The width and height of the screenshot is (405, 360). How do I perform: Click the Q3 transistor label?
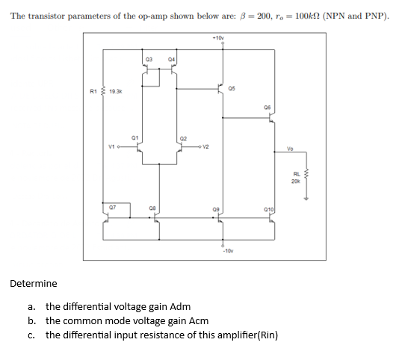click(149, 58)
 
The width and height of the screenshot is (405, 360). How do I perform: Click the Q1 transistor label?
click(135, 137)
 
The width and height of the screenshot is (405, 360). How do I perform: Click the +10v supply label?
click(218, 37)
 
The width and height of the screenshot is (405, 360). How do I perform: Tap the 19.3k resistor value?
click(116, 91)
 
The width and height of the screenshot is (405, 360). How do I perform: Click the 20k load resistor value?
click(296, 181)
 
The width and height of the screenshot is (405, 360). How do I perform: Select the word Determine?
click(33, 284)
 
